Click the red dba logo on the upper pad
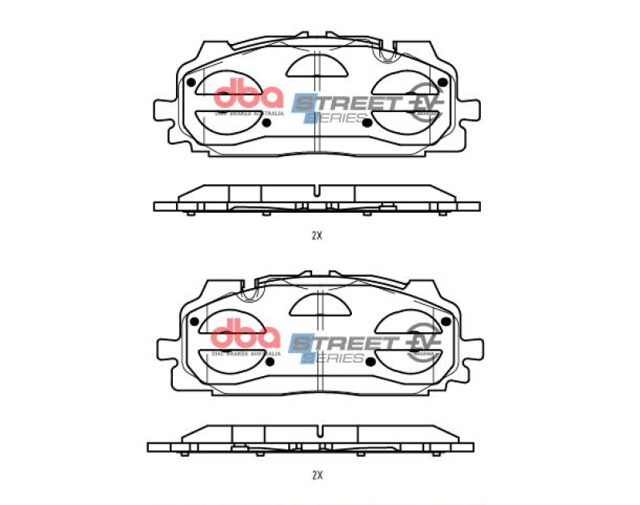point(248,95)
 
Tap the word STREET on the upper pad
point(346,102)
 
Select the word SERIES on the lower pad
point(333,359)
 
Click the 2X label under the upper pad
point(317,236)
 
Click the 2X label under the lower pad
point(317,475)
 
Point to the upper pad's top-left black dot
point(190,82)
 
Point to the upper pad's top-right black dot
point(442,81)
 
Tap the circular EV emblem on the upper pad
point(426,102)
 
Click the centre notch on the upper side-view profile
point(318,191)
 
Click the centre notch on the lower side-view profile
point(318,430)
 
